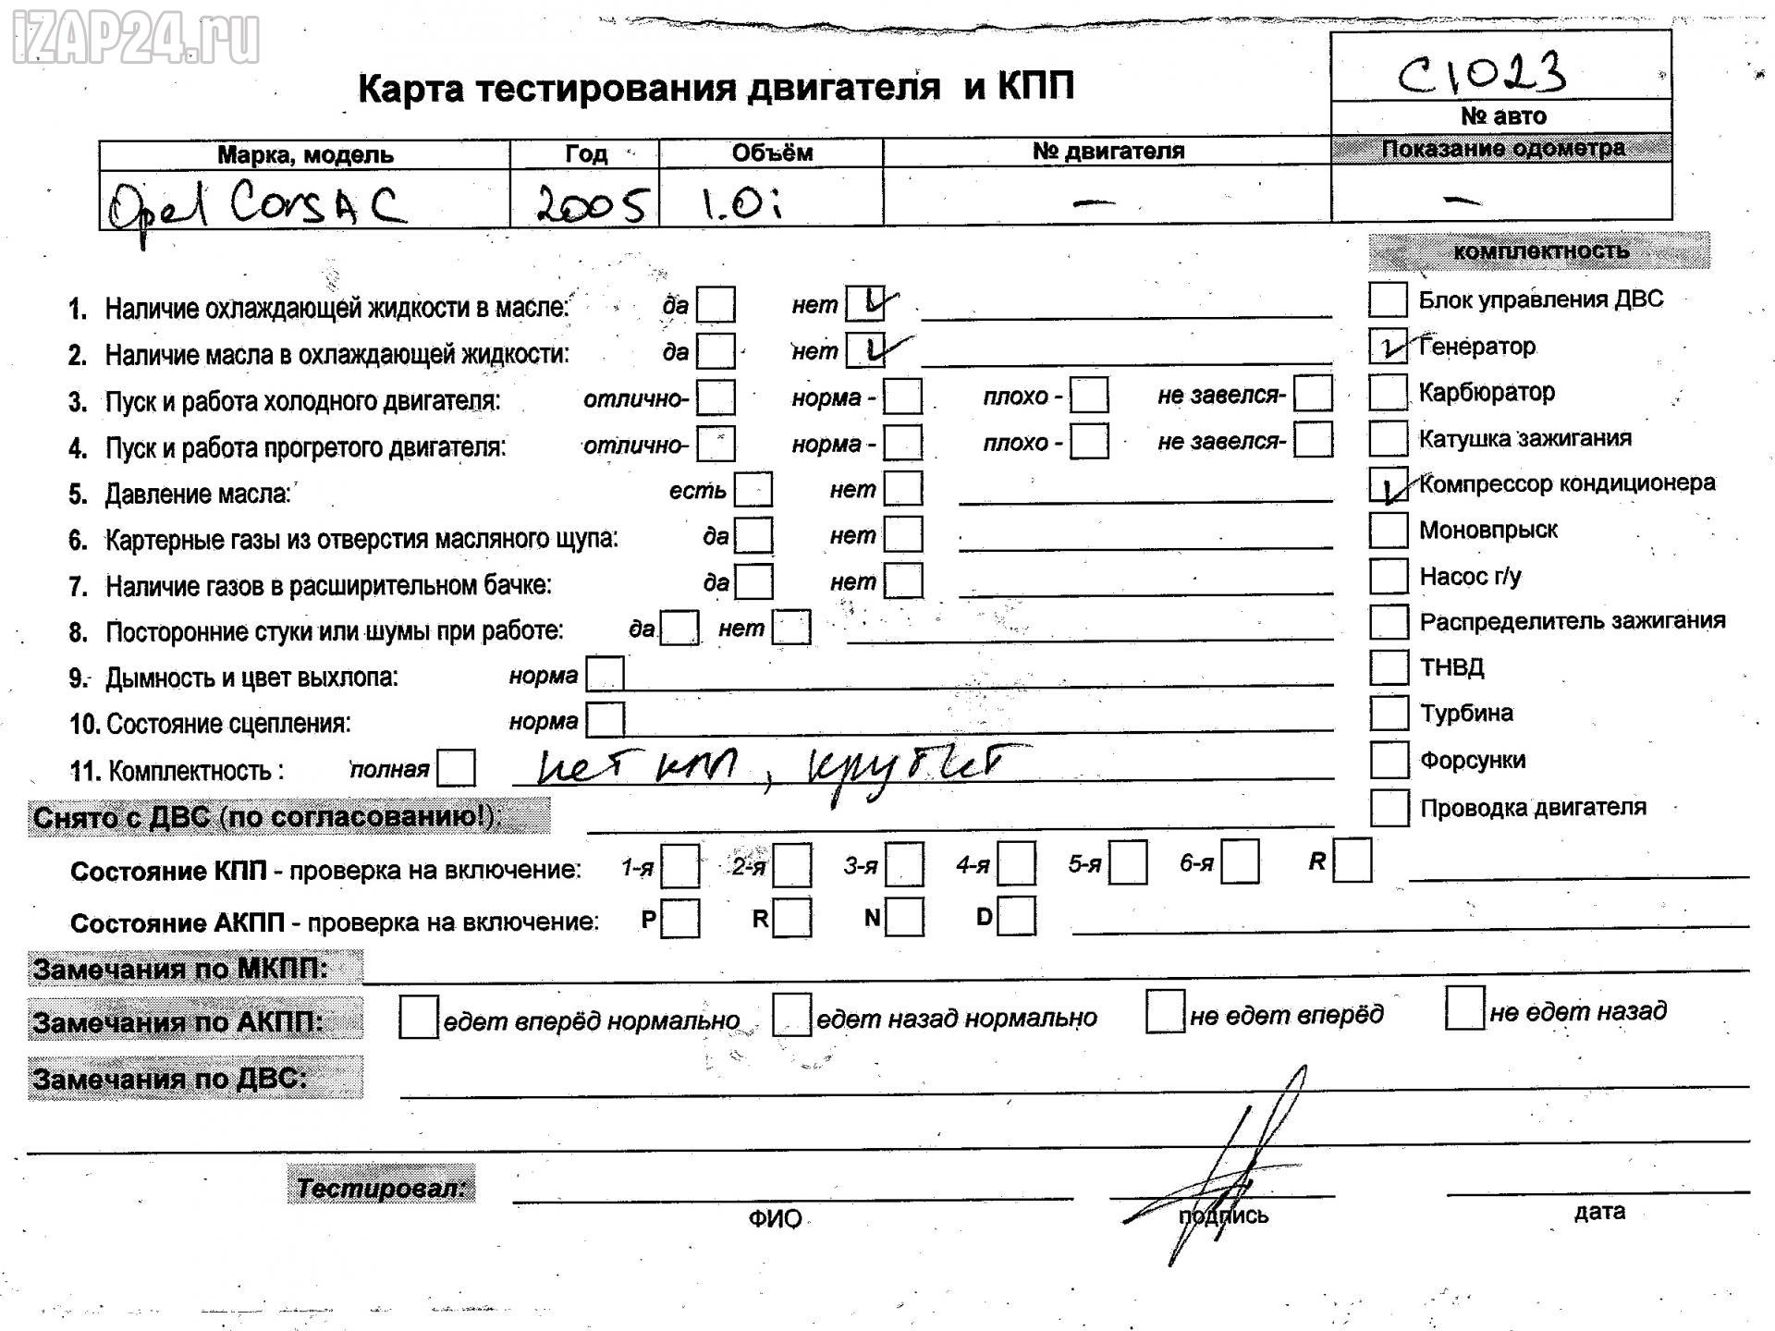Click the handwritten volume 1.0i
pyautogui.click(x=741, y=203)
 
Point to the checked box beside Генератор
pyautogui.click(x=1388, y=346)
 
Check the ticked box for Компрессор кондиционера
pyautogui.click(x=1388, y=484)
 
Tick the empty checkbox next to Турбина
pyautogui.click(x=1388, y=713)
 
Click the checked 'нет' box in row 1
pyautogui.click(x=866, y=303)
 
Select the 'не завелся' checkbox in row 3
pyautogui.click(x=1313, y=395)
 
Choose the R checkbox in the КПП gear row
pyautogui.click(x=1353, y=861)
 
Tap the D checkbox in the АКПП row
pyautogui.click(x=1017, y=917)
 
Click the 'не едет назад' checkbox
pyautogui.click(x=1464, y=1008)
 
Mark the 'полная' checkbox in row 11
pyautogui.click(x=456, y=768)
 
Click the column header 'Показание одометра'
pyautogui.click(x=1501, y=149)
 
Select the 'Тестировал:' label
pyautogui.click(x=381, y=1188)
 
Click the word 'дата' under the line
pyautogui.click(x=1598, y=1211)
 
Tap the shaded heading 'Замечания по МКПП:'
pyautogui.click(x=181, y=969)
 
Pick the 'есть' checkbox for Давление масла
pyautogui.click(x=753, y=490)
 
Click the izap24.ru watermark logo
pyautogui.click(x=136, y=39)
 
